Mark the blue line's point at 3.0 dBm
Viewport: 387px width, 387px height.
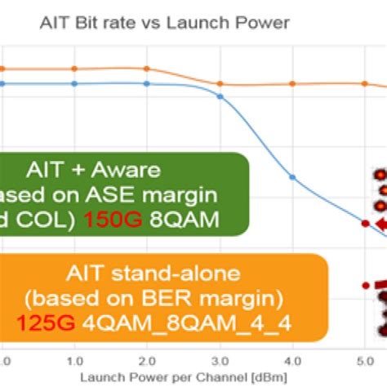(x=220, y=95)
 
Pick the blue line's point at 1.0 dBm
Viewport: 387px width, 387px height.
(x=74, y=83)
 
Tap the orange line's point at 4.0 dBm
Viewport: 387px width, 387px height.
(x=292, y=83)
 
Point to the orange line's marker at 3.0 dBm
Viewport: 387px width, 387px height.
(x=220, y=82)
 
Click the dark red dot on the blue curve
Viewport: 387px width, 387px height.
(x=364, y=223)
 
